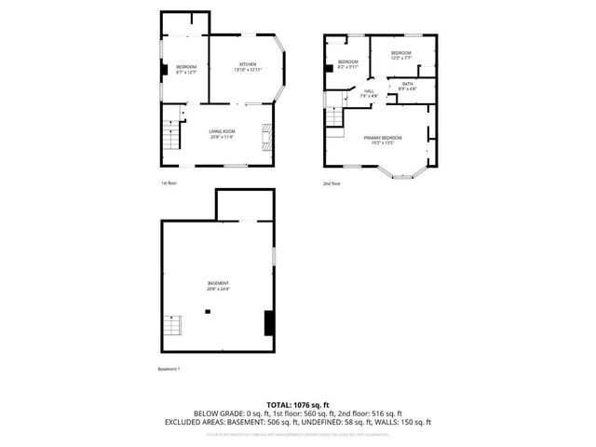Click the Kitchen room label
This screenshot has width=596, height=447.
[247, 64]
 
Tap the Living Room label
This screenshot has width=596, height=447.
[221, 131]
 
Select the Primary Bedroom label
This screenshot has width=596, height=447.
[379, 137]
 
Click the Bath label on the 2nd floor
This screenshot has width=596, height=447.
[408, 84]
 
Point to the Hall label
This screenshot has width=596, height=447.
[369, 91]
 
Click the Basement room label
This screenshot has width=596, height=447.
[219, 283]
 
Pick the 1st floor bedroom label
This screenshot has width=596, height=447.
[186, 67]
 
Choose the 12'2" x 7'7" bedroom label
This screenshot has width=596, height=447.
[400, 53]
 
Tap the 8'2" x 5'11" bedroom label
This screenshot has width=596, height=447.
[347, 62]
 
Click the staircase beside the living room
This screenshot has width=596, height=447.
[169, 139]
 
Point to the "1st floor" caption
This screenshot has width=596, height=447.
[169, 183]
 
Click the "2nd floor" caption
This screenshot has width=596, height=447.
[332, 183]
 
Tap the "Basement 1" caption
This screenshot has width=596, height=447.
[169, 370]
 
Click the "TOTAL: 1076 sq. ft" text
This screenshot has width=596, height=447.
[298, 405]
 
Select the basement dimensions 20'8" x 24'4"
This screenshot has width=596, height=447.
[219, 289]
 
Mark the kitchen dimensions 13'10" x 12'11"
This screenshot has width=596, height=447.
[247, 70]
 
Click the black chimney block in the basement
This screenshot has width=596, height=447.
[269, 323]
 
